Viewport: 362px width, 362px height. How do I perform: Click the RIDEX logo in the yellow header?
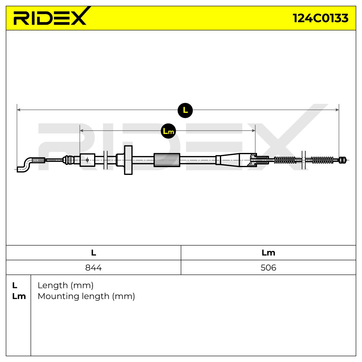coord(50,16)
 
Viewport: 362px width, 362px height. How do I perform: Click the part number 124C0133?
coord(320,18)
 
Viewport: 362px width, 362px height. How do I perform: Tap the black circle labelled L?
coord(185,110)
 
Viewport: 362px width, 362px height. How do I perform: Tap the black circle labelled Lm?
coord(168,131)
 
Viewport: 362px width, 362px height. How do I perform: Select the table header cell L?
coord(94,253)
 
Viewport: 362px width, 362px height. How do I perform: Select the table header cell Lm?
coord(268,253)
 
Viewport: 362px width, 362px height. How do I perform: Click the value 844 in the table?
coord(93,268)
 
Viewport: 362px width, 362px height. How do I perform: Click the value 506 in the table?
coord(268,268)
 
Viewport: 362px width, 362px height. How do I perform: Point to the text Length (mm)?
coord(65,286)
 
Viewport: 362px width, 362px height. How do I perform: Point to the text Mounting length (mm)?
coord(86,297)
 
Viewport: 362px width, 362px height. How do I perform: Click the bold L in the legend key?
coord(15,286)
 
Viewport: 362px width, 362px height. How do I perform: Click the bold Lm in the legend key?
coord(19,297)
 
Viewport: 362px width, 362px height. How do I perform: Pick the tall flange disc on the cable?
coord(128,160)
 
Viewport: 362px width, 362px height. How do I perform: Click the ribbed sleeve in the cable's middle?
coord(167,160)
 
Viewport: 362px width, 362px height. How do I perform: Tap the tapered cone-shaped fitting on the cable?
coord(235,160)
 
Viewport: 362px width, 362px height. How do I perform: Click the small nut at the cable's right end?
coord(343,160)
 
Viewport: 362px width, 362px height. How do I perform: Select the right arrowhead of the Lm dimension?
coord(253,131)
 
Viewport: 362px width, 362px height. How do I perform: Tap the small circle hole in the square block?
coord(87,160)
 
